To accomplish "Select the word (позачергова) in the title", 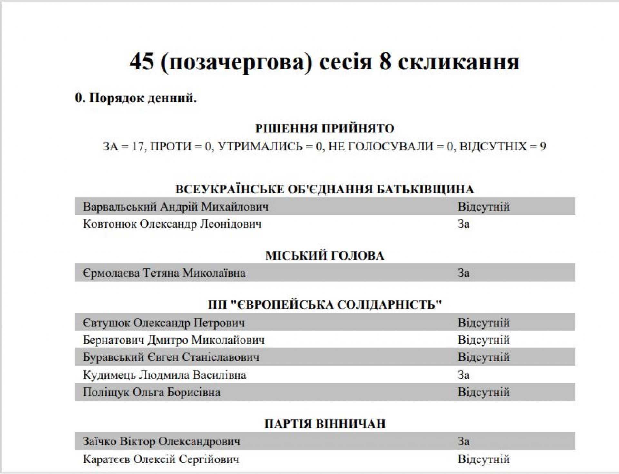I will click(236, 62).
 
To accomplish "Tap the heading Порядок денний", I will click(136, 98).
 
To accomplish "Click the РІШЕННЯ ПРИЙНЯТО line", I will click(325, 129).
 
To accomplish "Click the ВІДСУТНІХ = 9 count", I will click(502, 147).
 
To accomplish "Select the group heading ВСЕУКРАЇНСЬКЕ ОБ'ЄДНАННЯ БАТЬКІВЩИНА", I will click(325, 189).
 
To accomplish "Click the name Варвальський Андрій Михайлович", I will click(176, 207).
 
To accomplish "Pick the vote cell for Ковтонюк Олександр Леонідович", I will click(464, 224).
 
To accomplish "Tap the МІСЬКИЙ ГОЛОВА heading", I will click(325, 256).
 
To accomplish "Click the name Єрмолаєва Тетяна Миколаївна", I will click(164, 273).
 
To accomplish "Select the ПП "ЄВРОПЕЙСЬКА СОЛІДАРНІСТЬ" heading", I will click(325, 305).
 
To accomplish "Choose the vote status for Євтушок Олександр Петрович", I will click(484, 323).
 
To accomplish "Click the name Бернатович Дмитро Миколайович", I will click(174, 340).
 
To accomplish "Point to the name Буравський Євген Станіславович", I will click(171, 357).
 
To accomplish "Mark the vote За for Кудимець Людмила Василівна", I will click(464, 375).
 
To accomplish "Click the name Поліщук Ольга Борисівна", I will click(152, 392).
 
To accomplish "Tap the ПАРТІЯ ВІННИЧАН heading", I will click(325, 424).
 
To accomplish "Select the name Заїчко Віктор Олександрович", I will click(162, 441).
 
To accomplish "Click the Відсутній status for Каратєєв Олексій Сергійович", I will click(484, 459).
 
